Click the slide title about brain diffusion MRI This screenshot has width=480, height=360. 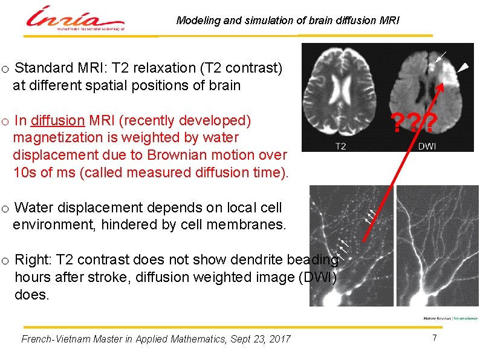[x=288, y=21]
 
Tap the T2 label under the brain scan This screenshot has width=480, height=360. [x=340, y=146]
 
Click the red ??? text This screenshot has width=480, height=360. [x=414, y=124]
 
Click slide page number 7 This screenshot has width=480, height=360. [x=434, y=338]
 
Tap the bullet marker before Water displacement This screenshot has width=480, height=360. [x=5, y=209]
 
